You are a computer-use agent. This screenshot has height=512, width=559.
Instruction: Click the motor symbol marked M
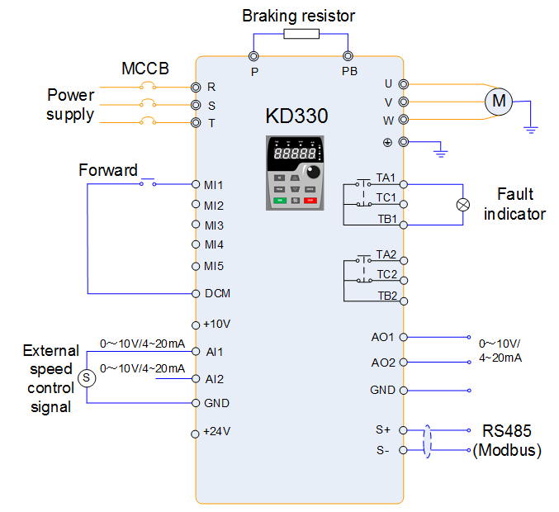pos(498,102)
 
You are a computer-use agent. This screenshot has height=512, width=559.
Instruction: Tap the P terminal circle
pos(254,56)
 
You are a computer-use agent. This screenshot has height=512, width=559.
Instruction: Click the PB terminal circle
pos(349,56)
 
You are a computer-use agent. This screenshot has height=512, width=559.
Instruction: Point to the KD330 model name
pos(296,116)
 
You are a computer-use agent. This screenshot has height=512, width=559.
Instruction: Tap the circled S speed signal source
pos(88,378)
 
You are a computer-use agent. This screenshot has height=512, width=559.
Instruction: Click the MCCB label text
pos(145,69)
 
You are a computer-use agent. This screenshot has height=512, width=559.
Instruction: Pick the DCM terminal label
pos(217,293)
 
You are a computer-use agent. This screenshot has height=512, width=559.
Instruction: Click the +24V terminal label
pos(216,431)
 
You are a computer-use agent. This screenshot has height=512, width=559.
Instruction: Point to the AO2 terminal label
pos(383,363)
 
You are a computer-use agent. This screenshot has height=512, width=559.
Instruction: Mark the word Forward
pos(108,171)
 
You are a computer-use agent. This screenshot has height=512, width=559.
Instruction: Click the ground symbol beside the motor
pos(533,129)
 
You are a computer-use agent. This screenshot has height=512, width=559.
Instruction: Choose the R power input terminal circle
pos(196,87)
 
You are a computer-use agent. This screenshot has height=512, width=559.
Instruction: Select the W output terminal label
pos(388,120)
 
